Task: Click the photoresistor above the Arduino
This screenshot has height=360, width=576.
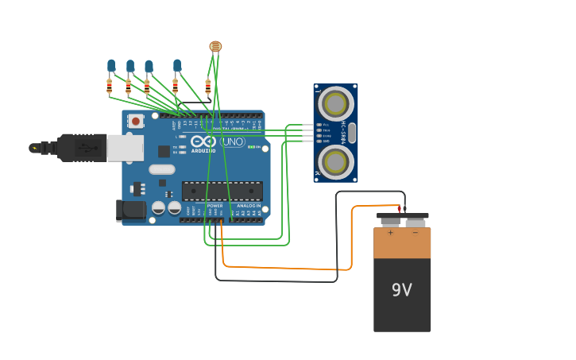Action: (x=215, y=46)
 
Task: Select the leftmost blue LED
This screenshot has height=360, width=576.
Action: (x=111, y=65)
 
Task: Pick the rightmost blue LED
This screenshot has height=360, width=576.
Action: (x=177, y=65)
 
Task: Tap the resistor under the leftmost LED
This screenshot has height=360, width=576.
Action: (x=110, y=85)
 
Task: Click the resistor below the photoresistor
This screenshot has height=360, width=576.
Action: (x=208, y=86)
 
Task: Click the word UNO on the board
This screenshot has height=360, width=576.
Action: (x=233, y=142)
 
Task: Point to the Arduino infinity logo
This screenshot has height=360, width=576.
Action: (x=203, y=141)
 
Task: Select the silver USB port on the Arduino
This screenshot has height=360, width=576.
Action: (x=126, y=148)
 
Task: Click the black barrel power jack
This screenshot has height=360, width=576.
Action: (x=130, y=210)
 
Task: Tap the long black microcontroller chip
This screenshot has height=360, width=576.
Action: (x=222, y=191)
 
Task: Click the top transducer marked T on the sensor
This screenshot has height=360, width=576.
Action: (x=336, y=103)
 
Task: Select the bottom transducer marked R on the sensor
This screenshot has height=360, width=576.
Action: (x=336, y=162)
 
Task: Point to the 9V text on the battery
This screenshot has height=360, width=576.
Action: (x=402, y=291)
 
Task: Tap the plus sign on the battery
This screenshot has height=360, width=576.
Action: (x=390, y=232)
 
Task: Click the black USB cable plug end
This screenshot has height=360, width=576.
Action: (x=79, y=148)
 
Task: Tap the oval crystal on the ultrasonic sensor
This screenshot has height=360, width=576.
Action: (x=352, y=133)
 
